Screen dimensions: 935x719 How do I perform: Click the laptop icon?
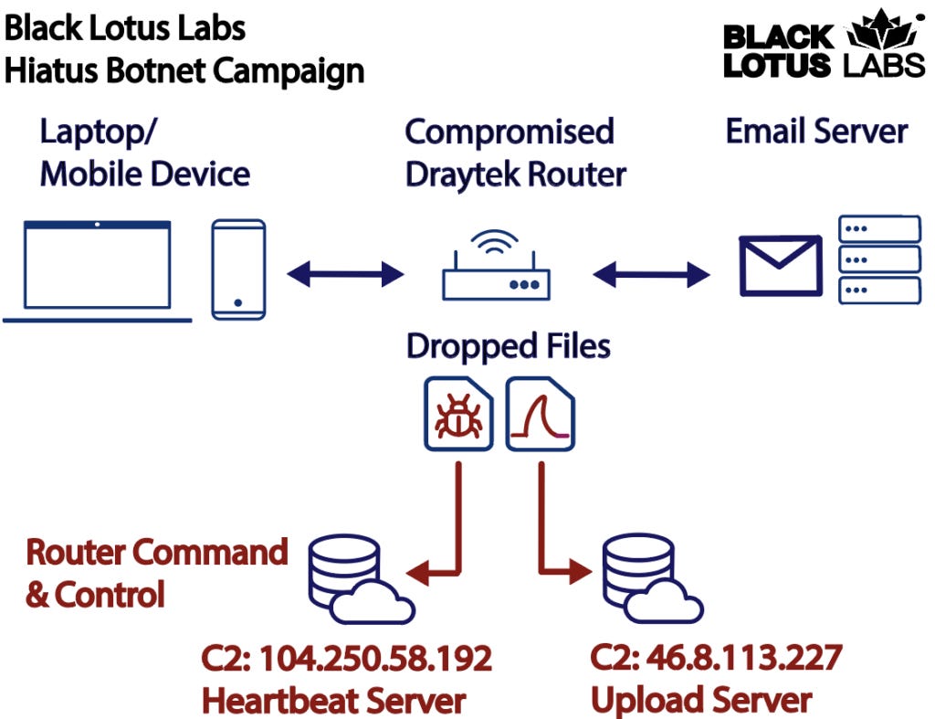[x=97, y=271]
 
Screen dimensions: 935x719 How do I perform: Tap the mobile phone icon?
[x=238, y=270]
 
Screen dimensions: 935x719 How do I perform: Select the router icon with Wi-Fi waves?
[x=496, y=265]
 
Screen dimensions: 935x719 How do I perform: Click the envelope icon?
[x=781, y=266]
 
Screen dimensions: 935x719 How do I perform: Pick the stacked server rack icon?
[x=879, y=259]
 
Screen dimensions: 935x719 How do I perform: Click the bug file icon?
[x=458, y=414]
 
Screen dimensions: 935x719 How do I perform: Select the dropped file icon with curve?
[x=541, y=414]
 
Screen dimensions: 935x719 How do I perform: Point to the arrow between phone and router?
[x=345, y=274]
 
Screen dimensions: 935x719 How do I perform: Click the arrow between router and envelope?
[x=651, y=274]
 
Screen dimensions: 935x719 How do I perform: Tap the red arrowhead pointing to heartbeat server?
[x=417, y=572]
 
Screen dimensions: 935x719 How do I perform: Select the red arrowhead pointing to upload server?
[x=580, y=571]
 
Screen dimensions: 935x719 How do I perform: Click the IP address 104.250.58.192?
[x=375, y=659]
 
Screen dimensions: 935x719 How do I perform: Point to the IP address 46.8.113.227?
[x=744, y=658]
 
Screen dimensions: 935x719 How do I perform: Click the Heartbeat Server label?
[x=334, y=701]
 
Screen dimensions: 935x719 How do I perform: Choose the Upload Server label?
[x=701, y=700]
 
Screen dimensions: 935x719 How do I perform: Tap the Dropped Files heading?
[x=509, y=346]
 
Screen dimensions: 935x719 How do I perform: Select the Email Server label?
[x=817, y=132]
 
